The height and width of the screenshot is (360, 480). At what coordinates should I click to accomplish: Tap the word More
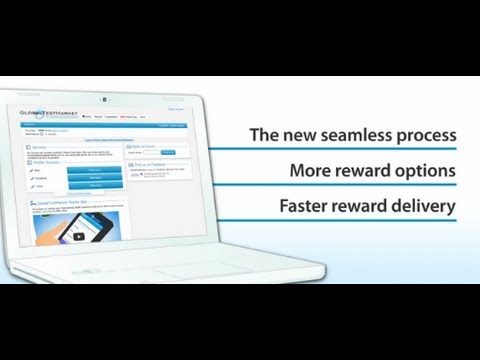click(x=309, y=171)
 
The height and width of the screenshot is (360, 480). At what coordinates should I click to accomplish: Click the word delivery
click(x=427, y=207)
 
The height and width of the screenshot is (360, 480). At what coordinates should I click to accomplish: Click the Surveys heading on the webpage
click(x=41, y=148)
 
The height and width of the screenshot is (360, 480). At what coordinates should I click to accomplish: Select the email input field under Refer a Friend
click(x=151, y=154)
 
